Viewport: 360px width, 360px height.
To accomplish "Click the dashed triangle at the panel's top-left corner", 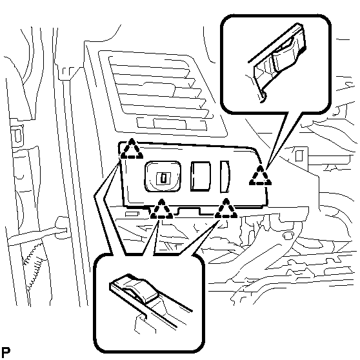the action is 132,149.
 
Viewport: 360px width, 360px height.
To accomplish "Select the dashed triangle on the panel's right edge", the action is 260,175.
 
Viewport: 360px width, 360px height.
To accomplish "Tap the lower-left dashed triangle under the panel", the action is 162,210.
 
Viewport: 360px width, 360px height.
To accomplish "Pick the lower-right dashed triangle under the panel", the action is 226,209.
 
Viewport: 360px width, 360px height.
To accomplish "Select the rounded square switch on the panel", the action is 163,176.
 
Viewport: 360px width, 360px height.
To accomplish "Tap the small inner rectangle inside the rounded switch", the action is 163,178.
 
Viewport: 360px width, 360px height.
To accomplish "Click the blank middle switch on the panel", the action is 201,176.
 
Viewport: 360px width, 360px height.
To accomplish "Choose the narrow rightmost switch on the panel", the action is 225,177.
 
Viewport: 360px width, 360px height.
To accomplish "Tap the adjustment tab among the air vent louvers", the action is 159,88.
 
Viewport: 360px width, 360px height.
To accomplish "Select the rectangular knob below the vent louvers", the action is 170,124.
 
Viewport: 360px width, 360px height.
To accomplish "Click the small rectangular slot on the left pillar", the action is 17,135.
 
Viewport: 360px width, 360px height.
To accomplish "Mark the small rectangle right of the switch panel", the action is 299,155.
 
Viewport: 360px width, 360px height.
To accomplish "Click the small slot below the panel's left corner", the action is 132,214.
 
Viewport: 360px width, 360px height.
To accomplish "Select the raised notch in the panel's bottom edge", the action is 189,210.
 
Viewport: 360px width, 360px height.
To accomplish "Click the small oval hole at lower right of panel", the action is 288,235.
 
